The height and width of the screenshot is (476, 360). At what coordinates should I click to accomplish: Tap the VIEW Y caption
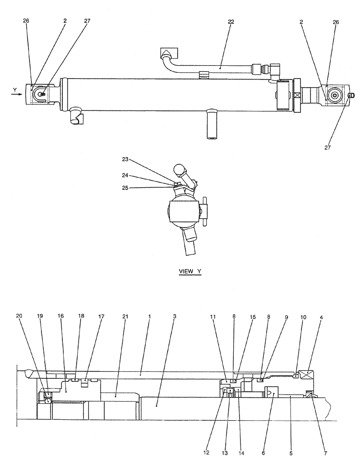pyautogui.click(x=190, y=271)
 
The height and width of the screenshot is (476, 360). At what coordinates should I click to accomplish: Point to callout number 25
pyautogui.click(x=125, y=188)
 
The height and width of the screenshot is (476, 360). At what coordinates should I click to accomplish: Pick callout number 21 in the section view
pyautogui.click(x=125, y=316)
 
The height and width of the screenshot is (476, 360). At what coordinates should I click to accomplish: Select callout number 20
pyautogui.click(x=19, y=316)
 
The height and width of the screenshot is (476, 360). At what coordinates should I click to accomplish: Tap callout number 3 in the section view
pyautogui.click(x=174, y=316)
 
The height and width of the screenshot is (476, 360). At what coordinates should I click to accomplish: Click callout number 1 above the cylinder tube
pyautogui.click(x=149, y=316)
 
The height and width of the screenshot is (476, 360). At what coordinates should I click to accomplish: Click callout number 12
pyautogui.click(x=206, y=454)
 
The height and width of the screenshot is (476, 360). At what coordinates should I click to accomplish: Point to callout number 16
pyautogui.click(x=60, y=316)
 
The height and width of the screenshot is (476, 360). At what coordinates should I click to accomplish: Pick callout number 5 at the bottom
pyautogui.click(x=291, y=454)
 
